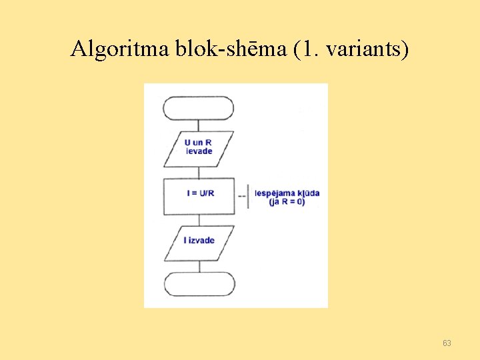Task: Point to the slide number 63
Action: pos(447,343)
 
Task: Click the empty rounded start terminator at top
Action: pos(199,108)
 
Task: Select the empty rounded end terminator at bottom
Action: pos(199,283)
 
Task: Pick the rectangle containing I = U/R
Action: pos(199,195)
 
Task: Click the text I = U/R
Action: pos(201,193)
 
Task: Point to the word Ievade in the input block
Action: pos(199,151)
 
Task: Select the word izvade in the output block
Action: pos(201,240)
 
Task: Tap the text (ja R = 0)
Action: pos(287,201)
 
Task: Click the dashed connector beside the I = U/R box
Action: pos(241,196)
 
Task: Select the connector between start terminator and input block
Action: pos(199,125)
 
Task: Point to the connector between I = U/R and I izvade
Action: pos(199,220)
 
